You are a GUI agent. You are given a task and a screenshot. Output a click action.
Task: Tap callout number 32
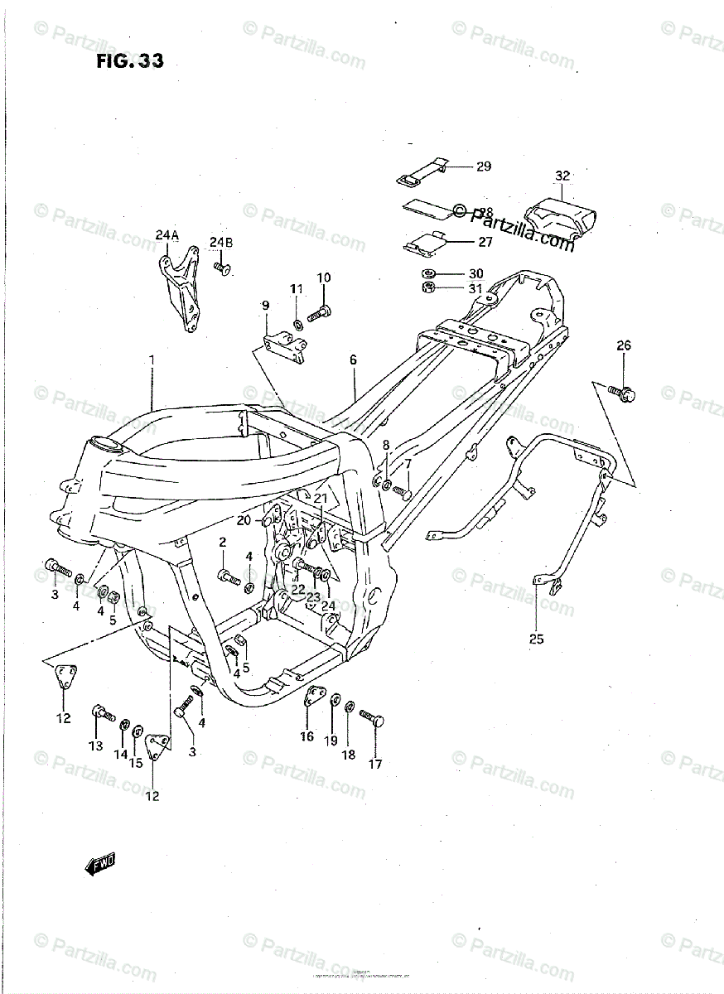[x=562, y=176]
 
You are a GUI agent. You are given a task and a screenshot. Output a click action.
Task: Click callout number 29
[x=483, y=166]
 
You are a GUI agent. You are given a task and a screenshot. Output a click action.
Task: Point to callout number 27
[x=485, y=242]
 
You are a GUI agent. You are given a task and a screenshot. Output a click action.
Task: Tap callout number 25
[x=537, y=639]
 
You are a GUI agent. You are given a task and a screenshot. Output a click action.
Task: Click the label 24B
[x=221, y=242]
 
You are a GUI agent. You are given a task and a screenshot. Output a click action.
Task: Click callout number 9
[x=266, y=306]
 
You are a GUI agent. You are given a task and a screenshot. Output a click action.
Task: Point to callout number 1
[x=152, y=359]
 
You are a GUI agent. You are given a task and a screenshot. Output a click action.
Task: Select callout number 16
[x=306, y=736]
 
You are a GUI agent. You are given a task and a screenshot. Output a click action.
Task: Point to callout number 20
[x=243, y=520]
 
